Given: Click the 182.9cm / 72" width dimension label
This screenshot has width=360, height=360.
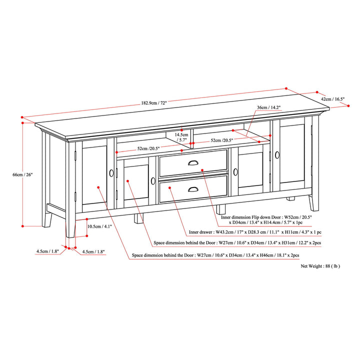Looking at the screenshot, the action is coord(154,103).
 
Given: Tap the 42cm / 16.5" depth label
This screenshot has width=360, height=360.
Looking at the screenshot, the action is coord(332,99).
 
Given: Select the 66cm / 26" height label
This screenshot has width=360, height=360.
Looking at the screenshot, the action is coord(22,174).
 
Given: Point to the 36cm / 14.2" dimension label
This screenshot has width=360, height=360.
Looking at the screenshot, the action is coord(269,107).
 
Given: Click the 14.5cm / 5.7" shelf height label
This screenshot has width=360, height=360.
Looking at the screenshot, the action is coord(181,137).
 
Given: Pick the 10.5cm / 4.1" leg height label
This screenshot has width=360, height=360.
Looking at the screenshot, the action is coord(99,226).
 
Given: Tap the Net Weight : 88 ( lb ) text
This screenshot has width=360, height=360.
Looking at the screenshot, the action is coord(320,266).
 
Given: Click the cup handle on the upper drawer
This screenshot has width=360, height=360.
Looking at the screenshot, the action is coord(193,163).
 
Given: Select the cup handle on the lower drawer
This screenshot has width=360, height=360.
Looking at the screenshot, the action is coord(193,189).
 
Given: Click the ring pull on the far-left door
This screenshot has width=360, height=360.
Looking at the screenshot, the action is coord(111,173).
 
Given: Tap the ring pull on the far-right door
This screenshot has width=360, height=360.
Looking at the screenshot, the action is coord(277,155).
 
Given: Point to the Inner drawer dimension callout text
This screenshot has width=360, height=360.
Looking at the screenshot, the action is coord(255,232).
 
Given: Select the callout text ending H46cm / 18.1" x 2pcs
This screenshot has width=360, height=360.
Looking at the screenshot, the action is coord(215,255).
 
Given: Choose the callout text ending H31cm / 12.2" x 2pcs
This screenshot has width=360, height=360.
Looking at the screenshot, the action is coord(237,242).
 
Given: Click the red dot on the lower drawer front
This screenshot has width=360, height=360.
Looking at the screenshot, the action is coord(170,188).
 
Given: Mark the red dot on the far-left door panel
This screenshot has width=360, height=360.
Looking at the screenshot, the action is coord(98,187).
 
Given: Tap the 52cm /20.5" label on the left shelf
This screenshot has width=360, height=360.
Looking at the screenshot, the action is coord(148,148).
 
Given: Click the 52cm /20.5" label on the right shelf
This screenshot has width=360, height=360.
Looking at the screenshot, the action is coord(222,140).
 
